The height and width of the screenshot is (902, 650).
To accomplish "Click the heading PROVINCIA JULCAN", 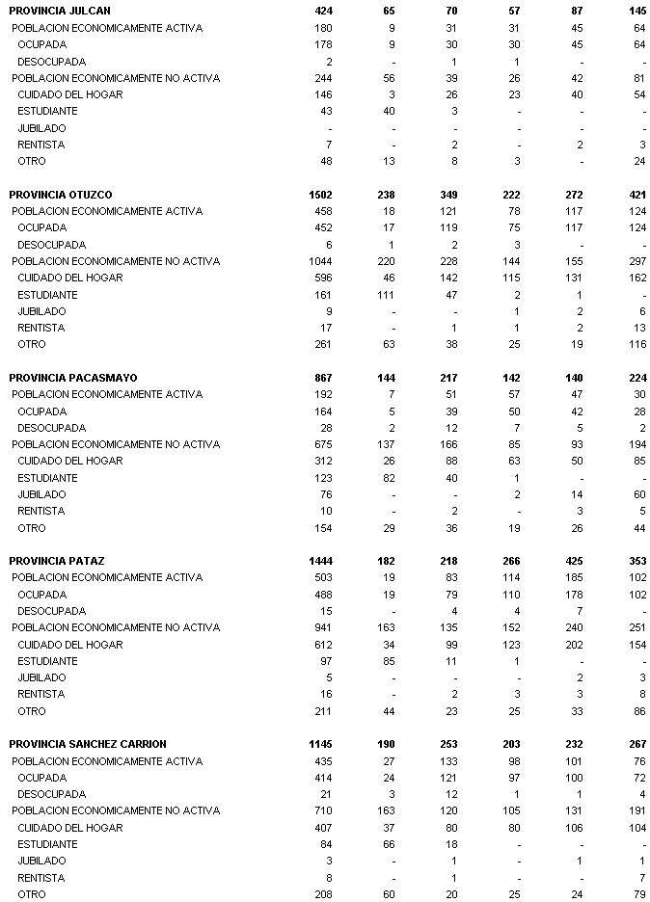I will pos(60,11).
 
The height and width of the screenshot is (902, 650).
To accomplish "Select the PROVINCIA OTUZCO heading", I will pos(61,195).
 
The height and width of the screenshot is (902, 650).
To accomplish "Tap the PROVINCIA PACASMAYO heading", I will pos(71,378).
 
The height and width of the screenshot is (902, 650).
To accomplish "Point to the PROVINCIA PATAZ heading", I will pos(57,561).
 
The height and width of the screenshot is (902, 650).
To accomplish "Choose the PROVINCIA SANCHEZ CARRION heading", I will pos(88,744).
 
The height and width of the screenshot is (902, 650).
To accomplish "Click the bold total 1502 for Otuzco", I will pos(319,195).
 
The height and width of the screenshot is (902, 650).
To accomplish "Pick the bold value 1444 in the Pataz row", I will pos(319,561).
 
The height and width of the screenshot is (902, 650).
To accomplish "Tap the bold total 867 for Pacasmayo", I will pos(322,378).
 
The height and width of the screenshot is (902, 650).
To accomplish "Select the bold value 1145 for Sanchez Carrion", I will pos(319,744).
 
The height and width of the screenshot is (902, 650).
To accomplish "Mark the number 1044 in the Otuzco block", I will pos(320,261).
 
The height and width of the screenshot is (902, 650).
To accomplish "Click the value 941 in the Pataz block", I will pos(323,627).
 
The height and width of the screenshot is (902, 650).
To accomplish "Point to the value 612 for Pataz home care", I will pos(323,644).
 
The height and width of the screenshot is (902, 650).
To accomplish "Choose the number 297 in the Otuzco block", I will pos(636,261).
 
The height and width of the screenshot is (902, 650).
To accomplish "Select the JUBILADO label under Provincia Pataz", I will pos(41,677).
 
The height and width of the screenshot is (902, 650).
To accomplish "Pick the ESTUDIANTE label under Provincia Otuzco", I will pos(47,295).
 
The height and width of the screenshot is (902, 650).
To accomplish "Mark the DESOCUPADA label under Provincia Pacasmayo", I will pos(51,428).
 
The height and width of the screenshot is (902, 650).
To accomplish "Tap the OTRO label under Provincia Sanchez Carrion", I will pos(31,894).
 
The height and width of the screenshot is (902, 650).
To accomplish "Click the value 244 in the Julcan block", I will pos(323,78).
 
